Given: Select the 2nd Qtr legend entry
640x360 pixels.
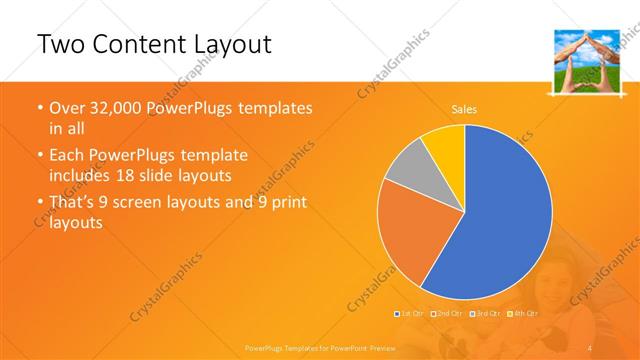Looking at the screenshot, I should tap(448, 314).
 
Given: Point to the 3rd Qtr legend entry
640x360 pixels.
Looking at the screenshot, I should tap(485, 314).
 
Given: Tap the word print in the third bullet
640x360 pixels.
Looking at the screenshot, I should tap(287, 203).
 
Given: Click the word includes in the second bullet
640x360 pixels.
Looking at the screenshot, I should tap(83, 176).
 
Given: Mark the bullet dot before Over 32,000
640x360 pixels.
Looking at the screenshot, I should tap(39, 108).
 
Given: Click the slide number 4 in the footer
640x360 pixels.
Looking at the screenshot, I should tap(591, 346).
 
